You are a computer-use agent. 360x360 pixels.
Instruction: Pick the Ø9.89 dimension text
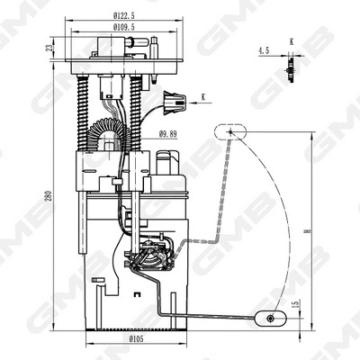pyautogui.click(x=166, y=134)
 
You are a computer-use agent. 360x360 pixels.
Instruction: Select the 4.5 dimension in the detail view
pyautogui.click(x=263, y=51)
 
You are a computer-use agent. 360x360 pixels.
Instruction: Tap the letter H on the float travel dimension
pyautogui.click(x=307, y=230)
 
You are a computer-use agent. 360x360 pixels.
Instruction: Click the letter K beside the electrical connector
pyautogui.click(x=204, y=95)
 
